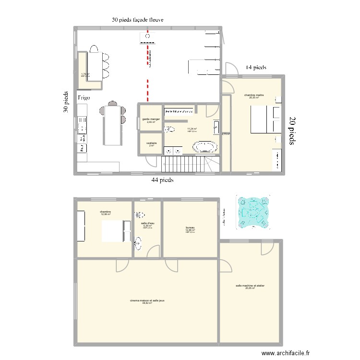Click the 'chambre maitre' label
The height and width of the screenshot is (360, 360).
pos(254,95)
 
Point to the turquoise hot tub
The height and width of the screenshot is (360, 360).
pos(253,212)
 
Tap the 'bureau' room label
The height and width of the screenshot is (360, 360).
pos(190,228)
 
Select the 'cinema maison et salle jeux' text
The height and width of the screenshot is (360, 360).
pos(147,300)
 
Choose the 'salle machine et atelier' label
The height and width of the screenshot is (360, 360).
pos(250,285)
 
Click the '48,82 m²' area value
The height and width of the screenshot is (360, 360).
pos(147,303)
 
